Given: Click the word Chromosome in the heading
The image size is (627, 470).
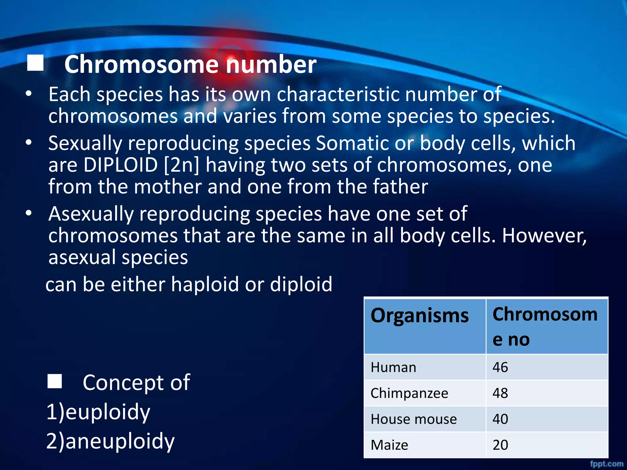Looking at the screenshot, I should point(141,65).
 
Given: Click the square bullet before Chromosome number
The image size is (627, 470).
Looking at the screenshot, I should point(35,63).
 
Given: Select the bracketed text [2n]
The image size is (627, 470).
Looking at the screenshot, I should point(182,165).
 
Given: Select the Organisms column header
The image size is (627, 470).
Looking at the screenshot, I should point(419,315).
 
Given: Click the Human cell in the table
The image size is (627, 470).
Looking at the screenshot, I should point(393,367).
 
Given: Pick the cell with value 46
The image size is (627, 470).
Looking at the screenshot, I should point(500,367).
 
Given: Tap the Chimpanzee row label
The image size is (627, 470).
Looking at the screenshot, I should point(409,393).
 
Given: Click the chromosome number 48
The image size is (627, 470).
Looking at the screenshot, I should point(500,393).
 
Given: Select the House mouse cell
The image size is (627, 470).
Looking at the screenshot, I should point(414,419).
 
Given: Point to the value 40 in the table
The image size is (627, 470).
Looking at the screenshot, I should point(500,419).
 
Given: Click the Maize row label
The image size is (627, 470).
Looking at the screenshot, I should point(389,445).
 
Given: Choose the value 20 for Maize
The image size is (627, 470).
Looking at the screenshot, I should point(500,445).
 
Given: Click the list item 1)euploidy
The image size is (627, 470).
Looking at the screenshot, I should point(98,412).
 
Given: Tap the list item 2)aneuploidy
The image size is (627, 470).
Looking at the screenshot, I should point(111,441).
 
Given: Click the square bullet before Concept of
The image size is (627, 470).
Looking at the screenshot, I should point(55,381).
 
